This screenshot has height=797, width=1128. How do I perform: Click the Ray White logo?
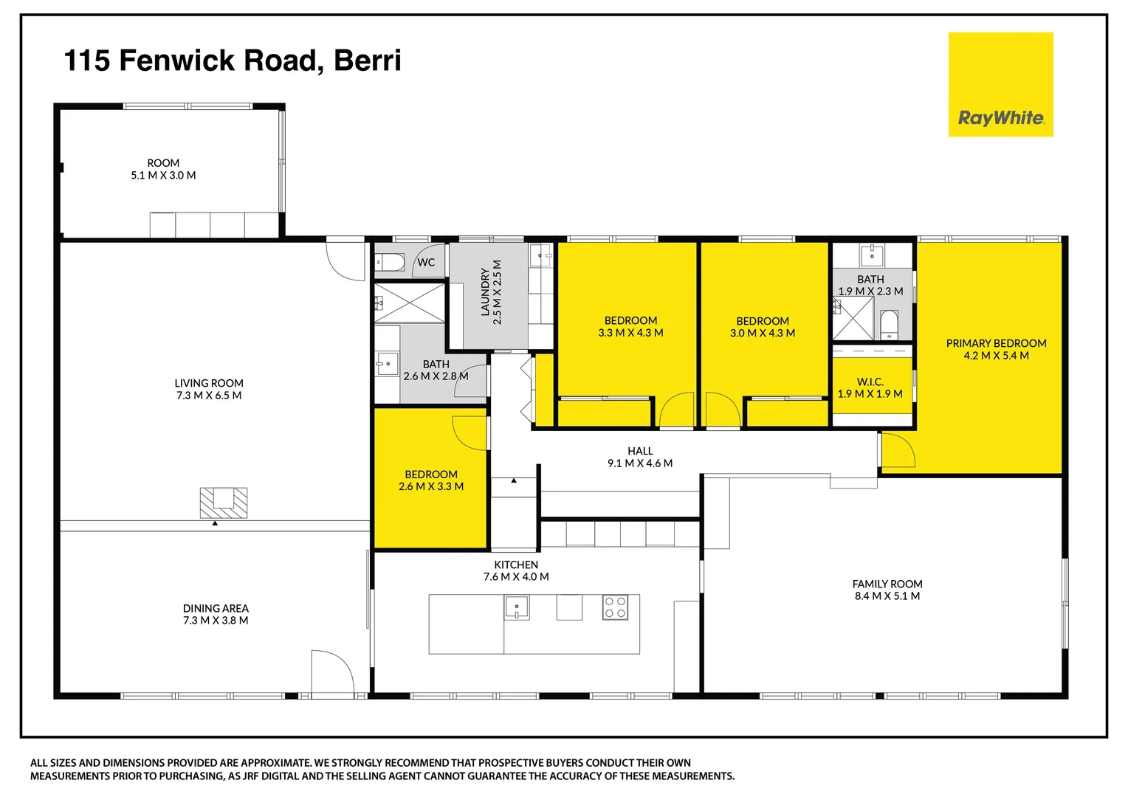1000,85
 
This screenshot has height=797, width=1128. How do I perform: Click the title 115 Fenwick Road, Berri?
233,61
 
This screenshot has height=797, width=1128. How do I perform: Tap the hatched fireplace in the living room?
223,503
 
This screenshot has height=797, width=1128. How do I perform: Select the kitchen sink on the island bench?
517,607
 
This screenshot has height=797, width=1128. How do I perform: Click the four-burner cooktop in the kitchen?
615,607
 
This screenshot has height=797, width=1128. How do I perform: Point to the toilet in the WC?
390,262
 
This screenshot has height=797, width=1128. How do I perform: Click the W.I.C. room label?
870,382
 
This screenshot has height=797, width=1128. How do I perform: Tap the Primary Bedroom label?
996,343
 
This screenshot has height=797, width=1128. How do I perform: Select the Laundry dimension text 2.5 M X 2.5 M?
498,292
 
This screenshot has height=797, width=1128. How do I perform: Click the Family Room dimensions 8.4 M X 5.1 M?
887,596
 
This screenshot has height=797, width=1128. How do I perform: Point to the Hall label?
640,451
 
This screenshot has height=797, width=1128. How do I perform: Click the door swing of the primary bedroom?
897,450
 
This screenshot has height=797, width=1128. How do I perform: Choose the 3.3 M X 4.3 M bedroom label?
630,326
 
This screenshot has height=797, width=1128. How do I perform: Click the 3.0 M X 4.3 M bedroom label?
763,327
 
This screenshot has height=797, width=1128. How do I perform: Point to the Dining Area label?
216,608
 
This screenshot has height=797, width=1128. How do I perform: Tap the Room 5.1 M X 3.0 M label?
163,169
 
